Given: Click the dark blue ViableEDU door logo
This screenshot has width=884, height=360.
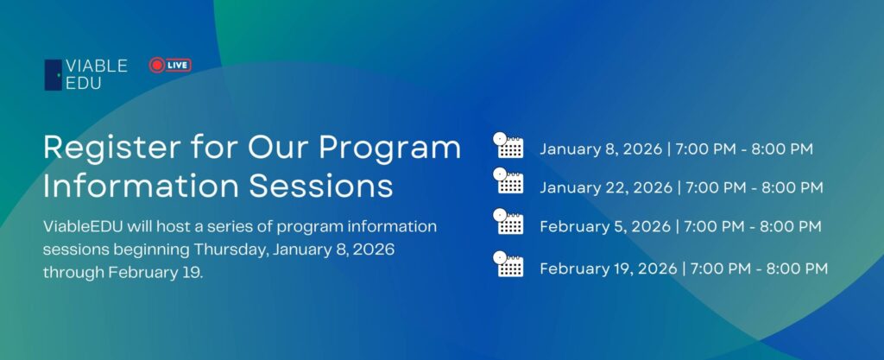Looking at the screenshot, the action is tap(53, 75).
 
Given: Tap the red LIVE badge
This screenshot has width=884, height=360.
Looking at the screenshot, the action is tap(170, 66).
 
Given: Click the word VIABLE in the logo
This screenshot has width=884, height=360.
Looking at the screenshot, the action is tap(97, 66).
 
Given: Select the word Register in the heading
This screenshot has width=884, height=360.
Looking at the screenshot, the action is tap(112, 148).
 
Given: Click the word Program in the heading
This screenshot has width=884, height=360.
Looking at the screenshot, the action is tap(389, 148).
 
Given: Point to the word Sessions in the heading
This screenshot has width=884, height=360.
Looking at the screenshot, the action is tap(321, 186).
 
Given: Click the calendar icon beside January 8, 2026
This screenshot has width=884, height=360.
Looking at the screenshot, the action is tap(508, 145).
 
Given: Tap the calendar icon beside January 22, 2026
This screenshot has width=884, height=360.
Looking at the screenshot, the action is tap(508, 180).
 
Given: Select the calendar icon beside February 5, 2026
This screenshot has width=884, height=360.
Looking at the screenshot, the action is tap(508, 221).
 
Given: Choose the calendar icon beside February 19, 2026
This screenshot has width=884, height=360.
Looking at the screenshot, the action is tap(508, 264).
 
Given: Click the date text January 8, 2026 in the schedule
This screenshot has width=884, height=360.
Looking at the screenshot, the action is tap(601, 150).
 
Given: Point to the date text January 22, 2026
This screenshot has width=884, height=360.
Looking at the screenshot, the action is tap(606, 187).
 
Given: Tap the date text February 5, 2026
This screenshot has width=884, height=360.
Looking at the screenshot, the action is tap(605, 226).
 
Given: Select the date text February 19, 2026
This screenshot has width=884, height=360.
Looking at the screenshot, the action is tap(609, 268).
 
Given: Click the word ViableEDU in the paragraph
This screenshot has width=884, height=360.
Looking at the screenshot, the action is tap(83, 226).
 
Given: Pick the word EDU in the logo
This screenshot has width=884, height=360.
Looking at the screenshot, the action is tap(84, 84).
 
